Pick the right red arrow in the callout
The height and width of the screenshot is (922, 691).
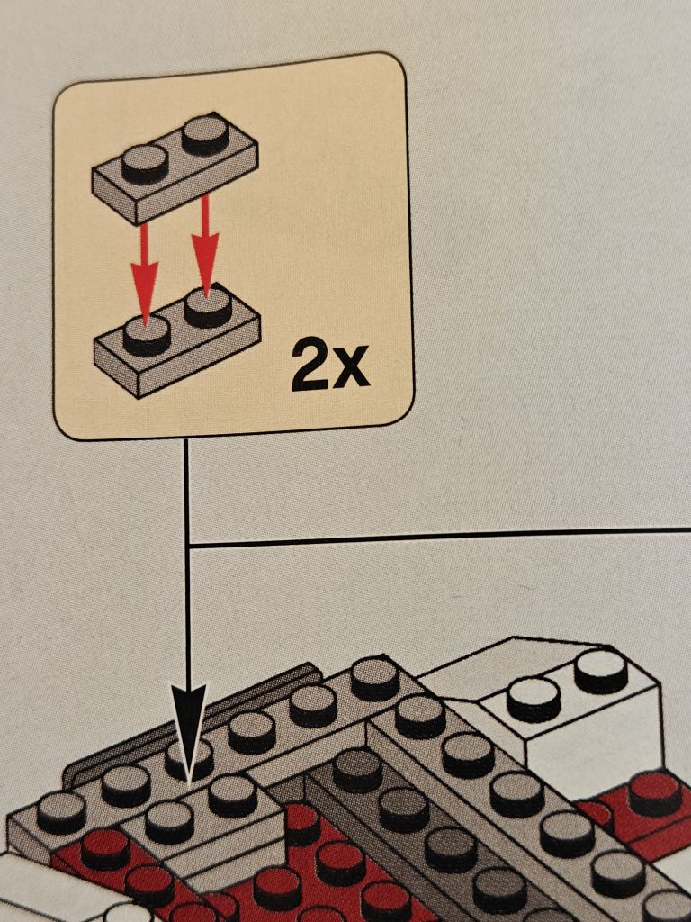[205, 246]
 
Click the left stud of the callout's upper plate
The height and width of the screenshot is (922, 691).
[145, 164]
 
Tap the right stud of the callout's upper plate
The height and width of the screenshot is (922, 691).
[205, 135]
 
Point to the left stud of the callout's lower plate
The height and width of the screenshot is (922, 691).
[147, 335]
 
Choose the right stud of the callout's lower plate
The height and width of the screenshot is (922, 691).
[208, 306]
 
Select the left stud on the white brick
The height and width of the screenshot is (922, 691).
[534, 699]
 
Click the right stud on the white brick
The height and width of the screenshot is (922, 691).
[600, 670]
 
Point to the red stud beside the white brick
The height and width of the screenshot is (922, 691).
[654, 793]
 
